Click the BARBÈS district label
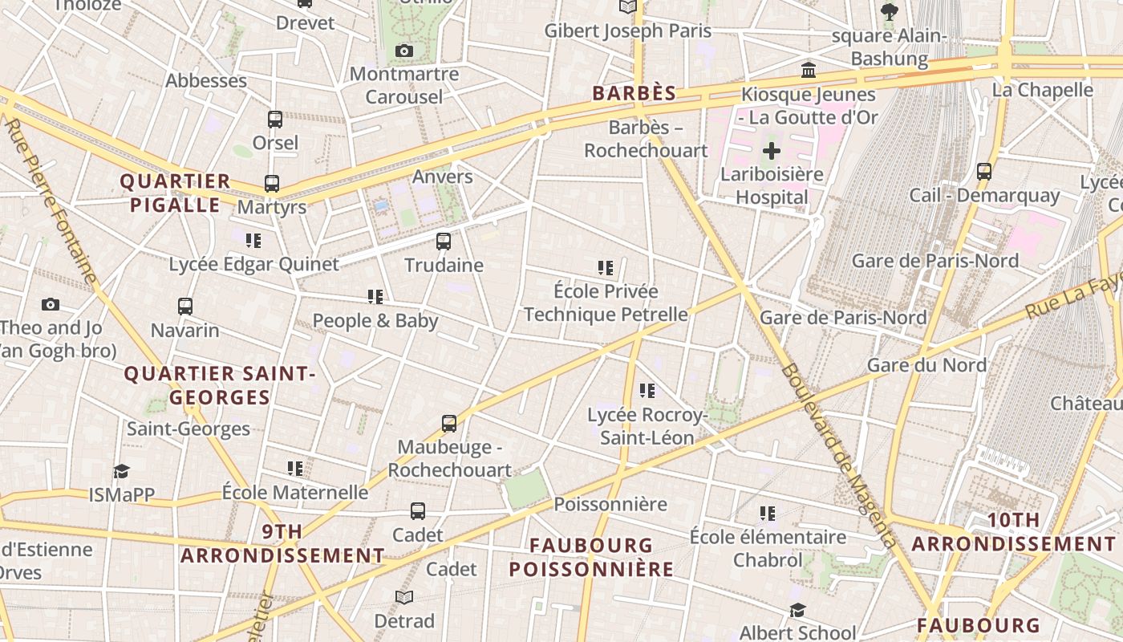(x=634, y=93)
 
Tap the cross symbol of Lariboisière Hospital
(x=772, y=151)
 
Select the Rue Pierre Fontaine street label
(x=51, y=201)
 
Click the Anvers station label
(x=442, y=177)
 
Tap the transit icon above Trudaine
(x=444, y=241)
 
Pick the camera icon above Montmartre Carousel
(x=404, y=51)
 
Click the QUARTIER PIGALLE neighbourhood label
(x=175, y=193)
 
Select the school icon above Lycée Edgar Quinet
(x=253, y=240)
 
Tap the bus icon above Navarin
(x=185, y=306)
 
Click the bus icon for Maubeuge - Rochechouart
(x=449, y=423)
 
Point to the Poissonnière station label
(x=610, y=504)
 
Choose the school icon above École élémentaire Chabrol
(x=768, y=513)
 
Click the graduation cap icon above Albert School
(x=797, y=611)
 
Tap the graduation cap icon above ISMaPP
(x=121, y=471)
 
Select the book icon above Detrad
(x=404, y=597)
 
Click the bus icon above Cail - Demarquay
(x=984, y=171)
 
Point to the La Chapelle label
(x=1042, y=90)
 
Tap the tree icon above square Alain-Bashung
(x=889, y=12)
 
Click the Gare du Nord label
(x=926, y=365)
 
